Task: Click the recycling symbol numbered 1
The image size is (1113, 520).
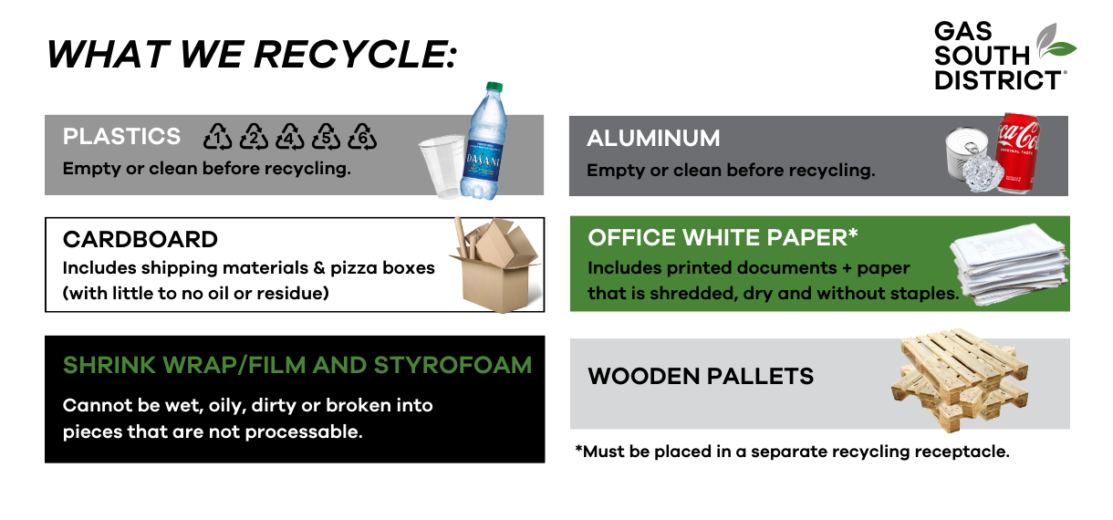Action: tap(217, 137)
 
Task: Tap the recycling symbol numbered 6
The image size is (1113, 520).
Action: tap(361, 137)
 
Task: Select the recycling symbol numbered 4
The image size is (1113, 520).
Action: tap(290, 137)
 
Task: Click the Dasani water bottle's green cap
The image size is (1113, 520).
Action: tap(494, 87)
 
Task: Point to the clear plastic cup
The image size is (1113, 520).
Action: tap(442, 166)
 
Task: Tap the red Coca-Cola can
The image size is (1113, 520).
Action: tap(1017, 153)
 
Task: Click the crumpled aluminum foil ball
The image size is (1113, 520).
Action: tap(983, 172)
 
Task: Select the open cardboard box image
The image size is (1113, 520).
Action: tap(495, 265)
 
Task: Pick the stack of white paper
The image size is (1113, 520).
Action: tap(1010, 265)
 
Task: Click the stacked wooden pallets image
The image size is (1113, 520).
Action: tap(959, 379)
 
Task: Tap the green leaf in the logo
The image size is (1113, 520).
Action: tap(1058, 49)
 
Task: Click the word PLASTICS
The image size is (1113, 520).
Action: tap(121, 137)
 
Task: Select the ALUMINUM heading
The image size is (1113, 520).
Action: tap(653, 138)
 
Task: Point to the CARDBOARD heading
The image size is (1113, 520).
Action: tap(140, 239)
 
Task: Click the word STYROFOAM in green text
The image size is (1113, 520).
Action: tap(452, 366)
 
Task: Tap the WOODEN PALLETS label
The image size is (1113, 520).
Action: tap(701, 377)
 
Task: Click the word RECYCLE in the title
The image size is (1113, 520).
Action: tap(355, 54)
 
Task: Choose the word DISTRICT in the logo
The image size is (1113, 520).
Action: tap(998, 80)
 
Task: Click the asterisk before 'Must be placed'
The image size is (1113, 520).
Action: tap(578, 448)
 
